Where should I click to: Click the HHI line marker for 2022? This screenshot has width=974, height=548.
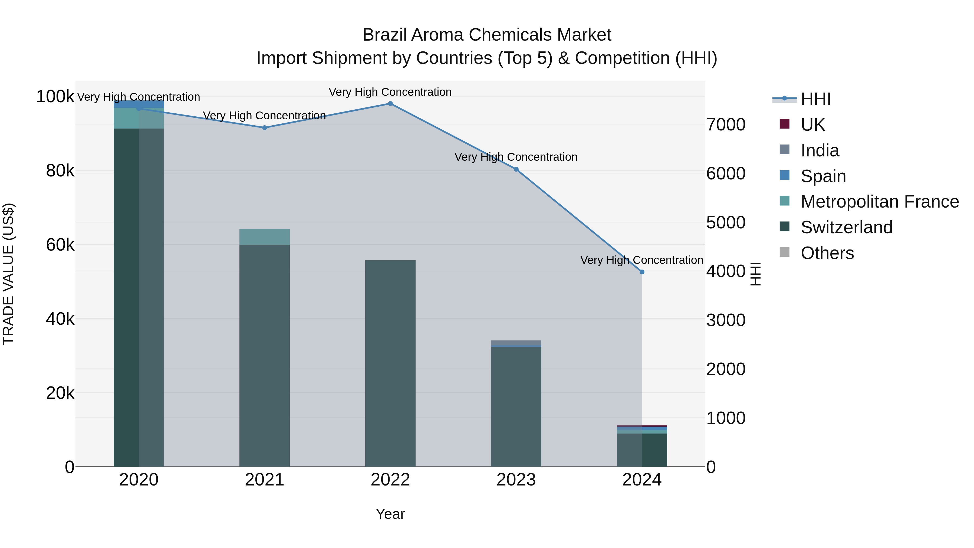[x=390, y=103]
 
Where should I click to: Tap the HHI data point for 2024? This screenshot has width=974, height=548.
[x=642, y=272]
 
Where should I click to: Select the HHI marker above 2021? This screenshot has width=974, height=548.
[x=264, y=128]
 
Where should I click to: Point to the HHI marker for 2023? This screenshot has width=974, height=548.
[x=516, y=169]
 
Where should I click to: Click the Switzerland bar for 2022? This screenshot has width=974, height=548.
[x=390, y=363]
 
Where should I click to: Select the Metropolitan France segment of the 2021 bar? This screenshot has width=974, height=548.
[x=264, y=237]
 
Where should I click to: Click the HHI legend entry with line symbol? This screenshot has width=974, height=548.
[x=815, y=99]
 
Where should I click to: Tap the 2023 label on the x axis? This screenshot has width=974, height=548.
[x=516, y=480]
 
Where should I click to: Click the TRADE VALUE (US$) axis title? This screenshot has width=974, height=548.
[x=8, y=274]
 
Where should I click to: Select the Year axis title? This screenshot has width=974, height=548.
[x=390, y=514]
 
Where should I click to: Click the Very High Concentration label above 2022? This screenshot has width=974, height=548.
[x=390, y=92]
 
